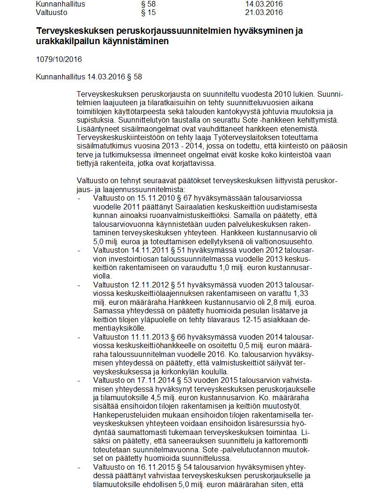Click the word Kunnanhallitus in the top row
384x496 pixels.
(x=61, y=4)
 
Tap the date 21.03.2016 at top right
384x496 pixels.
(x=264, y=12)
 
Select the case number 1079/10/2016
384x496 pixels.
(x=59, y=59)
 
